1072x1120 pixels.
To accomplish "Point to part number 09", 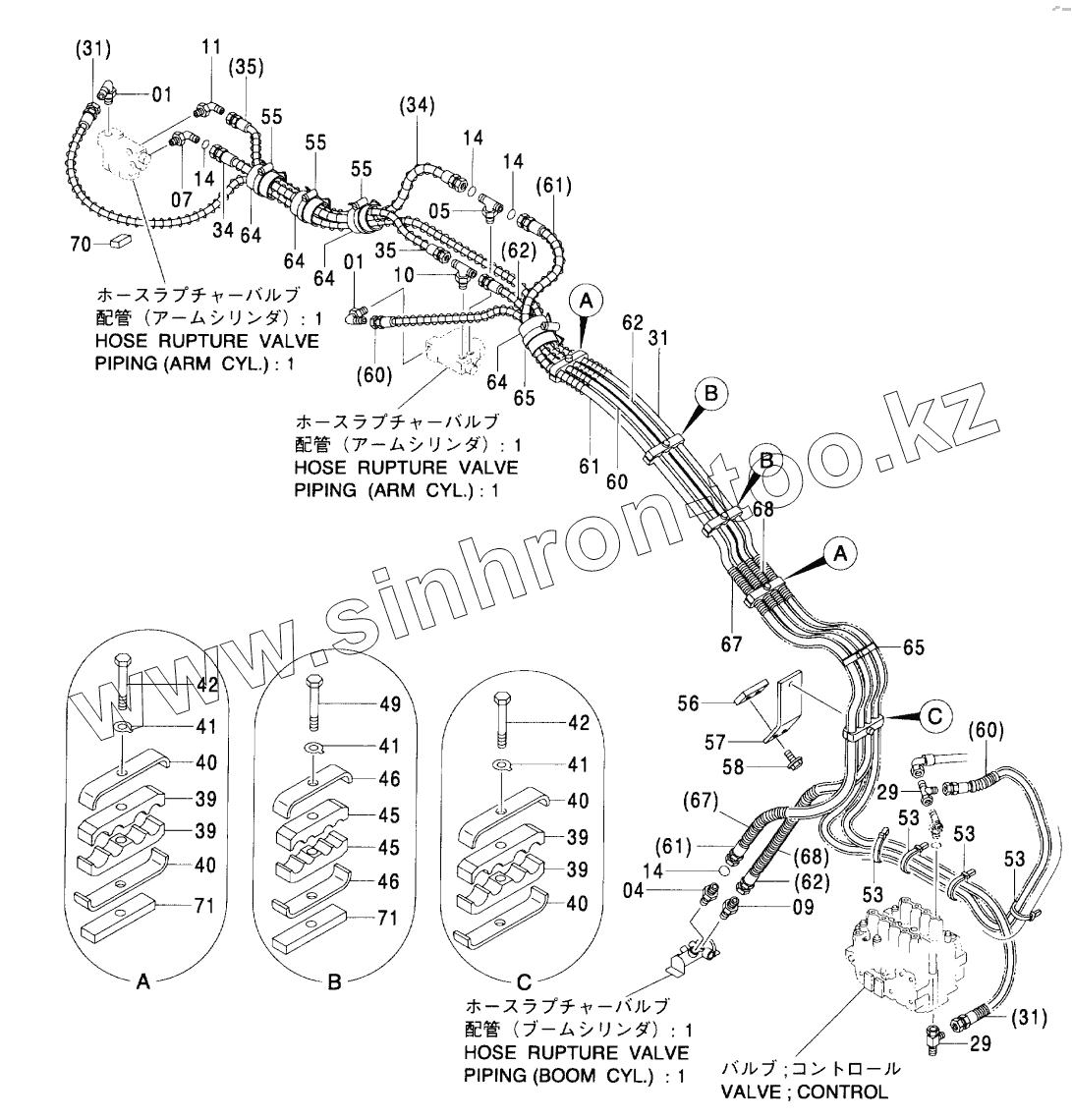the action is (x=803, y=908).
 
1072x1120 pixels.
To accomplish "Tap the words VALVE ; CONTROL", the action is (x=804, y=1092).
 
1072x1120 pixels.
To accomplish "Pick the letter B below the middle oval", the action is (x=335, y=980).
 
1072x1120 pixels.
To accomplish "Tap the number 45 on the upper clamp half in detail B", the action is (x=389, y=816).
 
